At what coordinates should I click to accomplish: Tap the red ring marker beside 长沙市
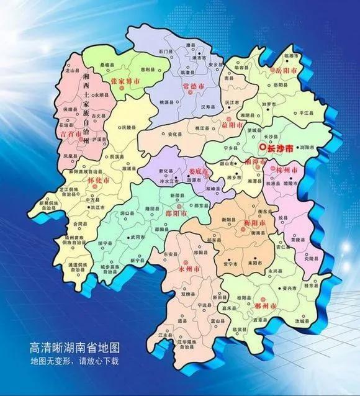pyautogui.click(x=263, y=147)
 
